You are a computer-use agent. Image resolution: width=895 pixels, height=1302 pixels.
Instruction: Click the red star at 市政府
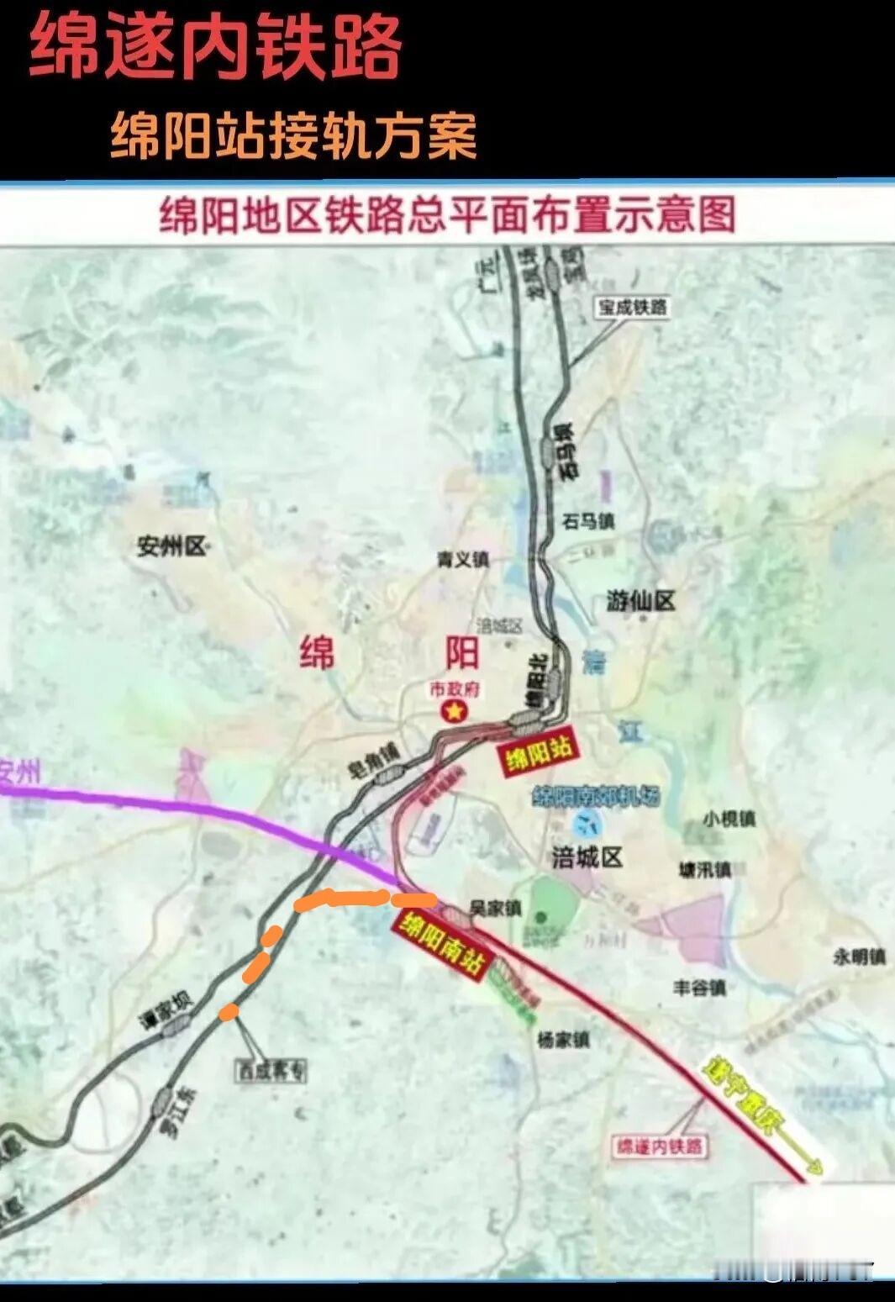[x=455, y=712]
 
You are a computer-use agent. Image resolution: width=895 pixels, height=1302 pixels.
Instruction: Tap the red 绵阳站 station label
[x=539, y=751]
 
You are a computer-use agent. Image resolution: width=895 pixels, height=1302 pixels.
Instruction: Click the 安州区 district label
[x=171, y=547]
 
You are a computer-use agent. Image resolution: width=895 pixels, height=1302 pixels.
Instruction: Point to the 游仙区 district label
[x=640, y=601]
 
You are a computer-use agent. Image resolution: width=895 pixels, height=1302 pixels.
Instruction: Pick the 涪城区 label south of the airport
[x=587, y=857]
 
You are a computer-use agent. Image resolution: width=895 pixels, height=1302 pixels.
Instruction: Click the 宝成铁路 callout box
[x=632, y=308]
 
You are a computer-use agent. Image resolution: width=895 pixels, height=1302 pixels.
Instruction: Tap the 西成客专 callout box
[x=271, y=1071]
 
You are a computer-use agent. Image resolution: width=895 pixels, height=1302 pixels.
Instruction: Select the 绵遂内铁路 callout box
[x=660, y=1146]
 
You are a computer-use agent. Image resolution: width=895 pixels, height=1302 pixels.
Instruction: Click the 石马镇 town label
[x=588, y=521]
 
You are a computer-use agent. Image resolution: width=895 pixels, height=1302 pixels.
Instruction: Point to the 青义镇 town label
[x=462, y=559]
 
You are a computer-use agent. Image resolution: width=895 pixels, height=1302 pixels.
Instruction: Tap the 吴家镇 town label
[x=496, y=909]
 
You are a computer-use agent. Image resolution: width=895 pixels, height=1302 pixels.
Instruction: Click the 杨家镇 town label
[x=563, y=1041]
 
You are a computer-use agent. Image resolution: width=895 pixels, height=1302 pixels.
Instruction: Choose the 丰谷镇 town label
[x=699, y=988]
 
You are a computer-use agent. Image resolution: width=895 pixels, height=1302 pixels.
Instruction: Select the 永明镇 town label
[x=859, y=957]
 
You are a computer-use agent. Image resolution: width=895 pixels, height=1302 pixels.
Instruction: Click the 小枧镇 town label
[x=729, y=818]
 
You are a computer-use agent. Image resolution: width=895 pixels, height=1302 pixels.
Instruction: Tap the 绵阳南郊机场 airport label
[x=597, y=796]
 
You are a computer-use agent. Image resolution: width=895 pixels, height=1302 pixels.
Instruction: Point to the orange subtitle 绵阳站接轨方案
[x=293, y=135]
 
